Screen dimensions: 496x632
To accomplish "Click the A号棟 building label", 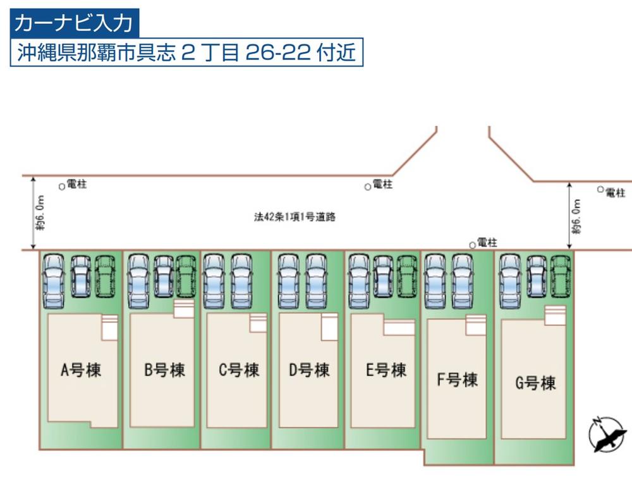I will coord(81,370).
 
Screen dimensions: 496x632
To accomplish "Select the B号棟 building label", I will coord(164,370).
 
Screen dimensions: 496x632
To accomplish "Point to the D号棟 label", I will coord(309,370).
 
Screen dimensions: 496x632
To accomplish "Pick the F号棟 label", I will coord(457,380).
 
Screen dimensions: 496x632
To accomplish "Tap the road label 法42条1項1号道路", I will coord(295,217).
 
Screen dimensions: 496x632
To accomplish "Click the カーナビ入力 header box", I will coord(73,23).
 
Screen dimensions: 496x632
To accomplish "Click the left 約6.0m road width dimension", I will coord(40,214).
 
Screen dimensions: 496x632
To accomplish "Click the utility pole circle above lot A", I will coord(61,186).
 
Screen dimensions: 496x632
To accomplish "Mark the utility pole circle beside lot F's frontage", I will coord(471,244).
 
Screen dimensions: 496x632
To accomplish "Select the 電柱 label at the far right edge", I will coord(615,193).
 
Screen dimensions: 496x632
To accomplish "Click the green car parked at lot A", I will coord(105,276).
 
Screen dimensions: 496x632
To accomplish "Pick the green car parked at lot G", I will coord(561,276).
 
